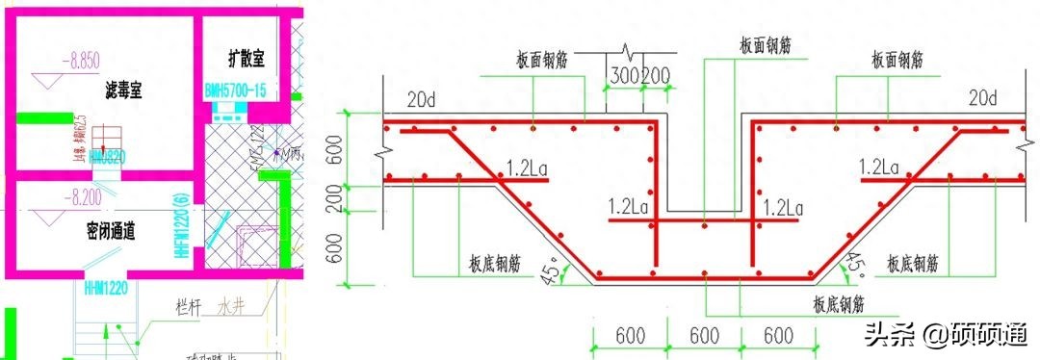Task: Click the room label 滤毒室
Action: coord(124,91)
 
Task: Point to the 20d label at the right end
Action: coord(983,98)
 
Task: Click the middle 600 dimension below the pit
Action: coord(704,337)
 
